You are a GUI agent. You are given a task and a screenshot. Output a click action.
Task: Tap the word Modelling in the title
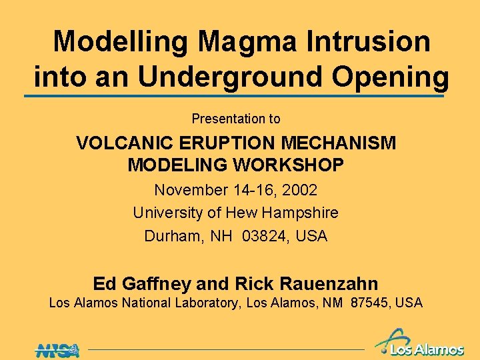tap(121, 41)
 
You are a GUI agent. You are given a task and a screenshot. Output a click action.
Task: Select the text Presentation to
tap(236, 119)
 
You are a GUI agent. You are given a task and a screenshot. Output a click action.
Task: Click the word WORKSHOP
tap(287, 165)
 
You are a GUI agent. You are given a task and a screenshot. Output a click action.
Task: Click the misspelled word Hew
tap(243, 213)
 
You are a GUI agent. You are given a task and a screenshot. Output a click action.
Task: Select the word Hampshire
tap(301, 213)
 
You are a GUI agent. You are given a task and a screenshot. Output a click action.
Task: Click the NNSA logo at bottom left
tap(57, 349)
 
